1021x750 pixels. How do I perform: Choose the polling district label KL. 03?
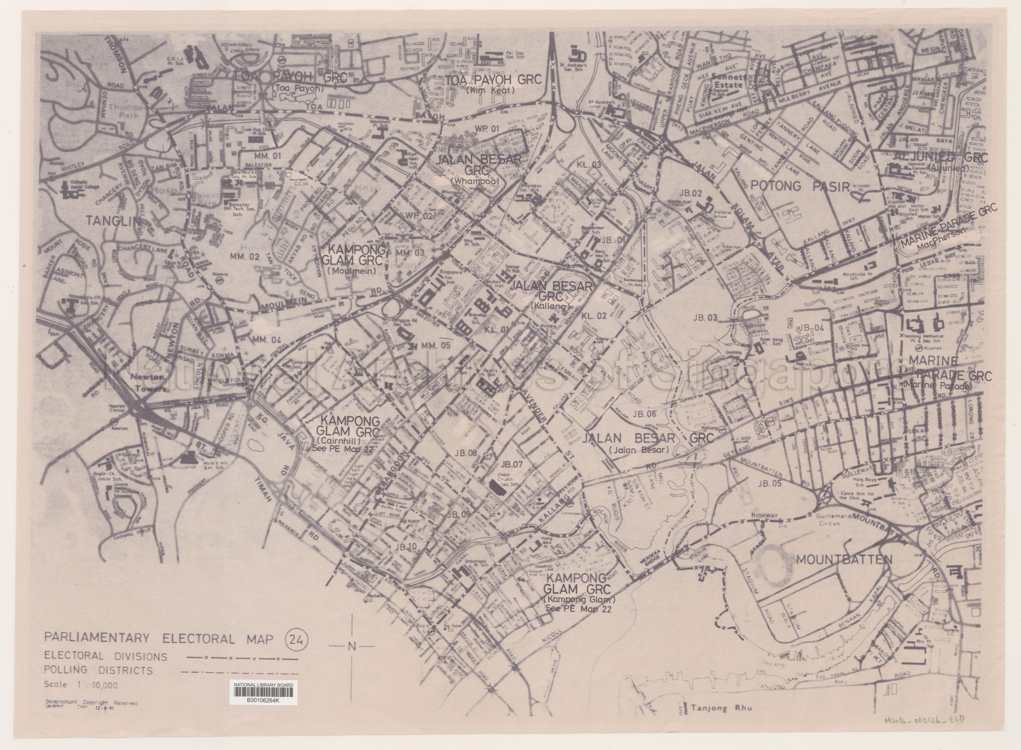pyautogui.click(x=589, y=165)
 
